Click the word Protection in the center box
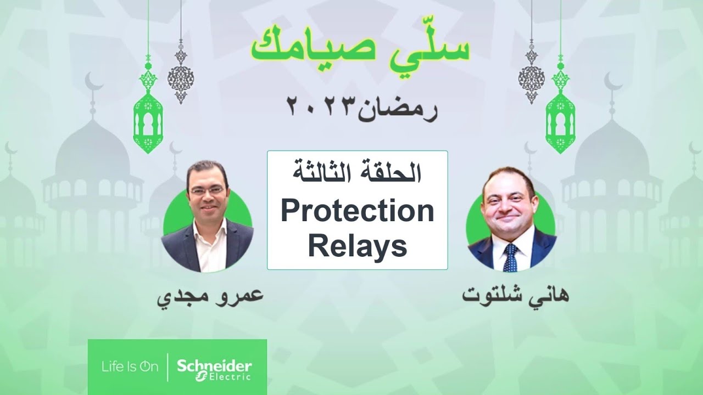357,212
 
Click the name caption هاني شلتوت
515,296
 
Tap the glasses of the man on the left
206,190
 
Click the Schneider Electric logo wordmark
214,369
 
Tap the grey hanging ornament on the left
181,74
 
